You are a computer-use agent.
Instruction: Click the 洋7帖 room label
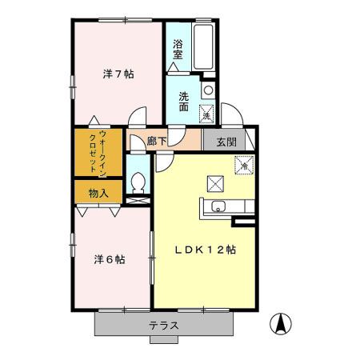click(x=118, y=74)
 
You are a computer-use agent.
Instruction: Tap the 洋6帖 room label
click(x=109, y=259)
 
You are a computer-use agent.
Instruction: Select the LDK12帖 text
click(x=205, y=249)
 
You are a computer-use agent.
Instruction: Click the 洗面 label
click(x=183, y=102)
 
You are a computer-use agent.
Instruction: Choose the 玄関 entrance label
click(x=225, y=142)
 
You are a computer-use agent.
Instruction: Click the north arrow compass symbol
click(x=281, y=323)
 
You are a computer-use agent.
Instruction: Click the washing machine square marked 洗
click(x=206, y=114)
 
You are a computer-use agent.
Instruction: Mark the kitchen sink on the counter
click(x=218, y=210)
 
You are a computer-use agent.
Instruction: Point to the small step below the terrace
click(x=162, y=339)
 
